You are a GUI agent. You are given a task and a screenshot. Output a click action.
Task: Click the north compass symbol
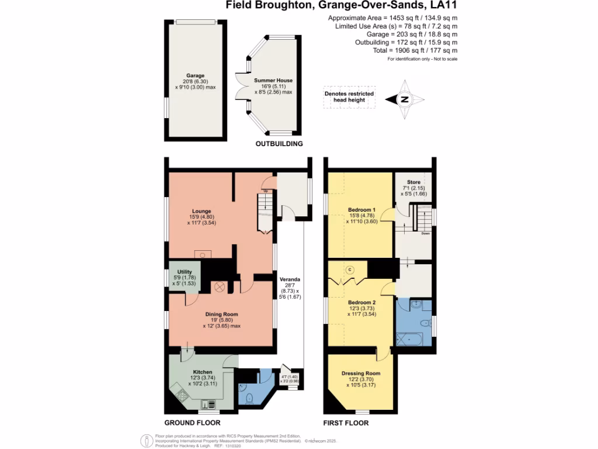404,100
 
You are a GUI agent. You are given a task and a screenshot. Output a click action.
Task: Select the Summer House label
273,80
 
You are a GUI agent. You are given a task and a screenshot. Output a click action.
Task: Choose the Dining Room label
221,315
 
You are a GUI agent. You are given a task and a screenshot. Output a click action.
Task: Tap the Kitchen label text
203,372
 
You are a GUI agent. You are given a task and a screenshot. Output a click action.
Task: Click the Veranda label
290,279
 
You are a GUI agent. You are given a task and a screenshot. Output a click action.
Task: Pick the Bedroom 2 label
361,302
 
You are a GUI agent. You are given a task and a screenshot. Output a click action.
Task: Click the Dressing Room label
364,373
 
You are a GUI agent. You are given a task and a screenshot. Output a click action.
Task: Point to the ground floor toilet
249,398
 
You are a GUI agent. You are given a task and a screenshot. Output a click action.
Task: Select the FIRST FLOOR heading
346,422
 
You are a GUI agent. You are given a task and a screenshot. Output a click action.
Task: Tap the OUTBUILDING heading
279,144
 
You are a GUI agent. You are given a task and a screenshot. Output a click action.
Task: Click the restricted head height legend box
349,97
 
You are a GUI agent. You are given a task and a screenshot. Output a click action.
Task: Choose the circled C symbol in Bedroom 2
351,270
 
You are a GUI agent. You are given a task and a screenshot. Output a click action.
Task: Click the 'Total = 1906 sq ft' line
416,50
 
